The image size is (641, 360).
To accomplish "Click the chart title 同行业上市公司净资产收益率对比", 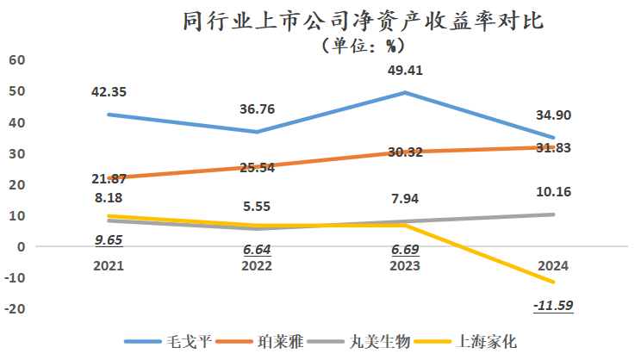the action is click(363, 21).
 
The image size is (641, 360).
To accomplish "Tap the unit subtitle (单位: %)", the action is click(363, 46).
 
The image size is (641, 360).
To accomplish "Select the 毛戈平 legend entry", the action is click(168, 341).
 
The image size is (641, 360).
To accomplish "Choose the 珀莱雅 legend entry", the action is click(259, 341).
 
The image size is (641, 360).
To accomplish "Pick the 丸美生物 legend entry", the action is click(358, 341).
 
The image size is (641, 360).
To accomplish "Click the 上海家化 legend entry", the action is click(465, 341).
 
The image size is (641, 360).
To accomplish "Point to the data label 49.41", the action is click(405, 71).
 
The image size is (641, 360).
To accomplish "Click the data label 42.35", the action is click(109, 92).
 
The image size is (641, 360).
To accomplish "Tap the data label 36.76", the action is click(257, 109).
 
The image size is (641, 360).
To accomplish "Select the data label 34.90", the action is click(553, 115).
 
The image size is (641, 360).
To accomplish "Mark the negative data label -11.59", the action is click(553, 305).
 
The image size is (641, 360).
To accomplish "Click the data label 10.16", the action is click(553, 192).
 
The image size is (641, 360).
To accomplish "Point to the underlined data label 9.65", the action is click(109, 240).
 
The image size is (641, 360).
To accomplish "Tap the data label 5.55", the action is click(257, 207).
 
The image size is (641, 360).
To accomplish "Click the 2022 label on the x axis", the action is click(257, 266).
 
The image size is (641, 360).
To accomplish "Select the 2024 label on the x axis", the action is click(553, 266).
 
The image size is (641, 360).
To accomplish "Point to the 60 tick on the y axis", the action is click(16, 60).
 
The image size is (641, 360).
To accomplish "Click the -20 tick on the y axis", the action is click(15, 308).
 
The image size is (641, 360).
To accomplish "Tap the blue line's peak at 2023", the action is click(405, 92).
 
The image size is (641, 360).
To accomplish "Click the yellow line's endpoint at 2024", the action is click(553, 282).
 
